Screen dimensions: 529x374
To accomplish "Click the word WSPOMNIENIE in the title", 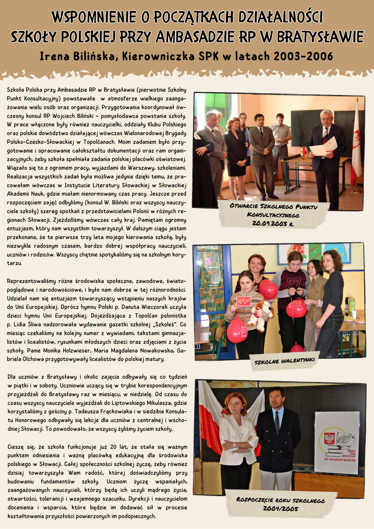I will pos(94,17).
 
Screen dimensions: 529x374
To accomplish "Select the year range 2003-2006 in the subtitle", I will pos(303,56).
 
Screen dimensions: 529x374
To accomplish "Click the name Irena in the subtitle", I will pos(54,56).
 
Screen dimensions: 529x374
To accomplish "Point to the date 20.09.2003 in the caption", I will pos(270,224).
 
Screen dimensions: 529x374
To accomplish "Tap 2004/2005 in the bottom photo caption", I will pos(280,508).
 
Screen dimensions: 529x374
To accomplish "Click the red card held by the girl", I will pos(244,300).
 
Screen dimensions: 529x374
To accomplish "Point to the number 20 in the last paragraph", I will pos(113,447).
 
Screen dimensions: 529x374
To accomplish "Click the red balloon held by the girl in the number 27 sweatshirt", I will pos(296,309).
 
